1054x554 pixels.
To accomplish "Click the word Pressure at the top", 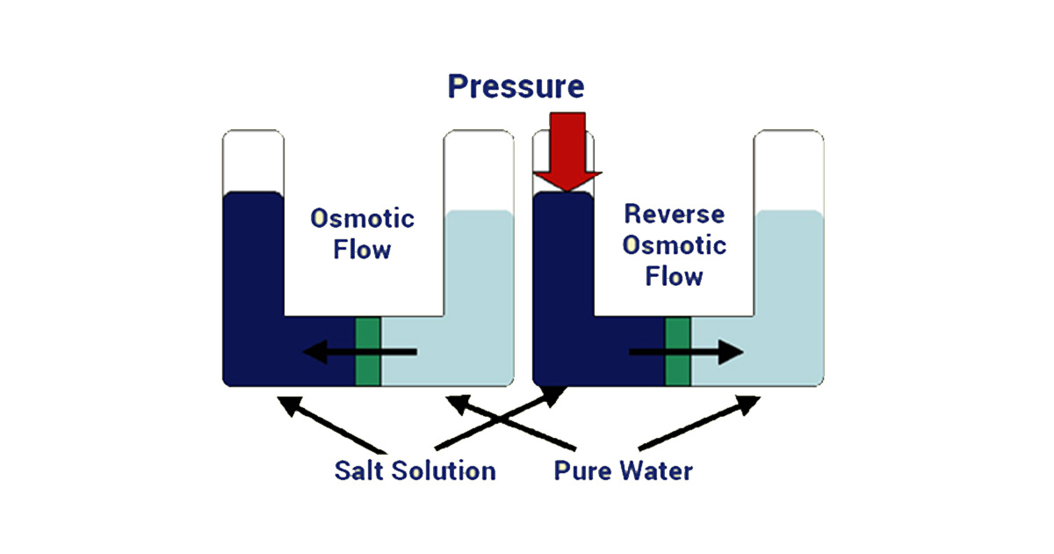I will (516, 86).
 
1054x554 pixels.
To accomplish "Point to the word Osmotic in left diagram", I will (362, 218).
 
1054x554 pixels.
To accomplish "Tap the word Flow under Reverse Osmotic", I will (674, 277).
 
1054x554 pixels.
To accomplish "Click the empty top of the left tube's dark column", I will (254, 161).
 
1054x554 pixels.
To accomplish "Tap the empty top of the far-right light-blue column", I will (789, 170).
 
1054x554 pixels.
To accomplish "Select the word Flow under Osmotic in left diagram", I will (362, 250).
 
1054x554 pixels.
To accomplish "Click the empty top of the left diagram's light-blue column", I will (479, 170).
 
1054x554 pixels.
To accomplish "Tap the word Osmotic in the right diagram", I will (674, 244).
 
